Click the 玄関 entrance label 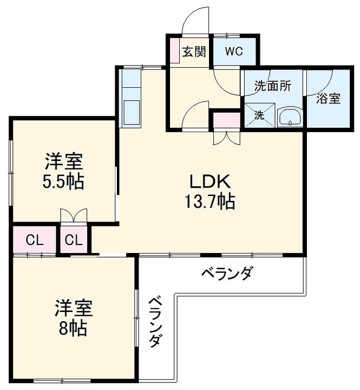(x=193, y=52)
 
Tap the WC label (x=233, y=52)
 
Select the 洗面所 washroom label (x=273, y=85)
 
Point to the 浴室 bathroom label (x=329, y=99)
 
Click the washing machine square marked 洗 (x=259, y=115)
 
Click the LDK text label (x=210, y=180)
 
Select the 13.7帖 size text (x=210, y=201)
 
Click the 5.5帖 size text (x=63, y=181)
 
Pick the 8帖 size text (x=73, y=329)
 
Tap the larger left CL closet (x=34, y=240)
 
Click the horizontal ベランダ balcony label (x=227, y=273)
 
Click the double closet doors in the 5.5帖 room (x=73, y=216)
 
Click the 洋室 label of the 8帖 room (x=73, y=308)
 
